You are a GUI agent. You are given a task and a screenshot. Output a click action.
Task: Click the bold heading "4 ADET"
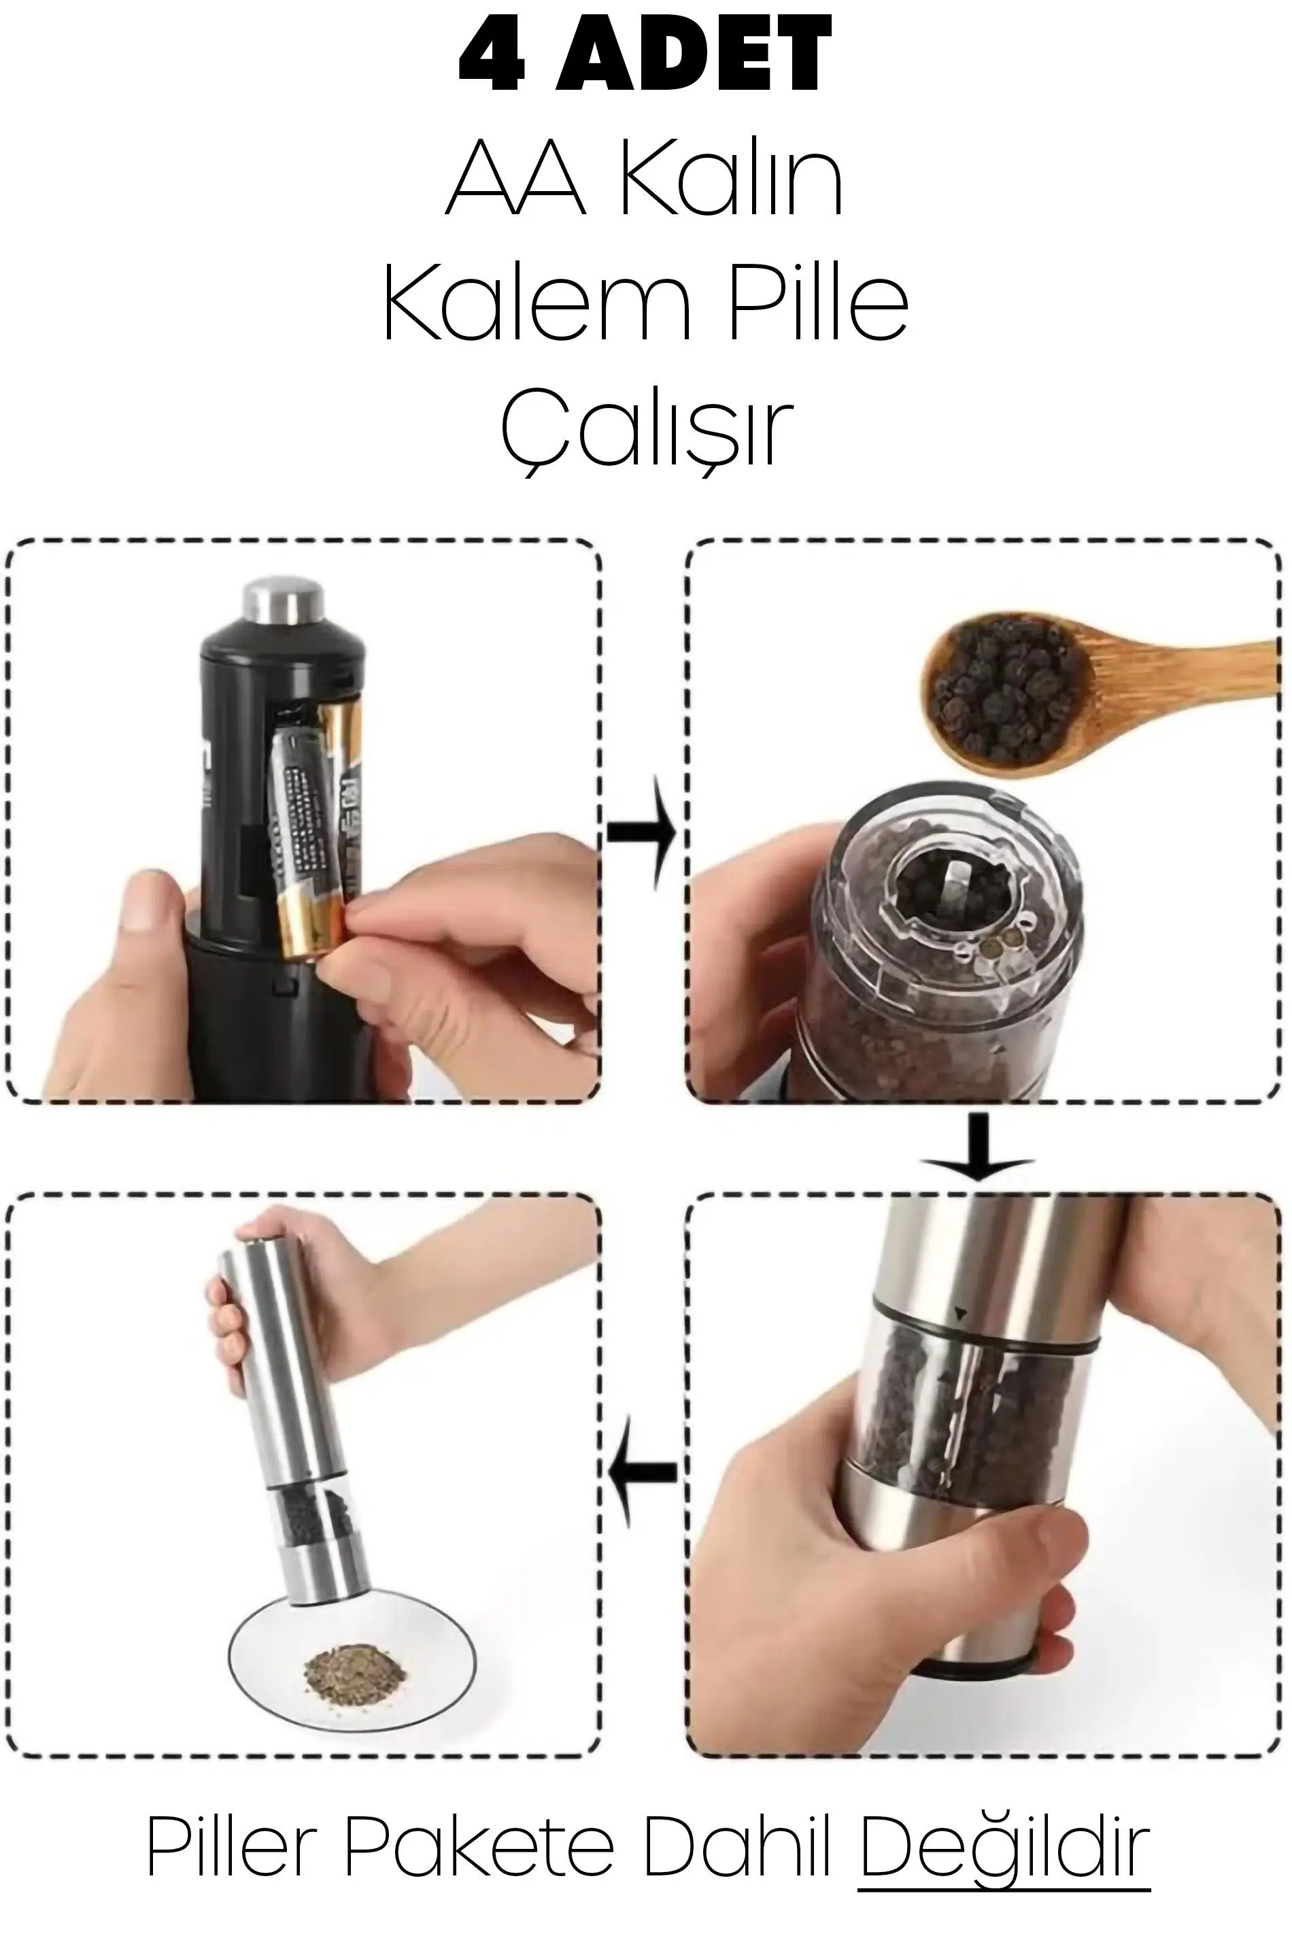pyautogui.click(x=645, y=55)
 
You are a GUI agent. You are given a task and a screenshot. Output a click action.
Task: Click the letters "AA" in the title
pyautogui.click(x=515, y=180)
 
